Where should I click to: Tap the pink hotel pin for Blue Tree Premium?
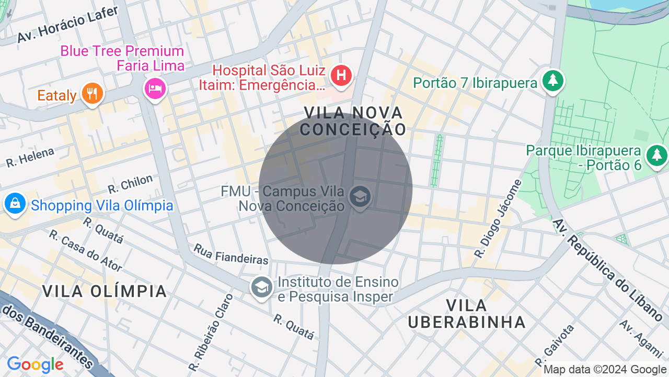(155, 87)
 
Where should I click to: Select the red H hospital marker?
(341, 75)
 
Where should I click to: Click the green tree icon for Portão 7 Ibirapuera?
(552, 81)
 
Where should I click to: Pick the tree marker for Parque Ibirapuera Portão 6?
(656, 156)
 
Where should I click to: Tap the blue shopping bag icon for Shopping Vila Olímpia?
(15, 204)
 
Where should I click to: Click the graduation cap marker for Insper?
(261, 287)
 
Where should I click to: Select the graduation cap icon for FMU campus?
(360, 197)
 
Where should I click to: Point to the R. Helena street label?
(30, 158)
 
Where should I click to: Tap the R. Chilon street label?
(130, 184)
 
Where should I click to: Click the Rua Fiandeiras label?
(231, 254)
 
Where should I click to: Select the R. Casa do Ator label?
(86, 251)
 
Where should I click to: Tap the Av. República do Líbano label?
(607, 270)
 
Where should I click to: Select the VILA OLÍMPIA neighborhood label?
(105, 291)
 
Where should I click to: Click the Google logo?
(35, 364)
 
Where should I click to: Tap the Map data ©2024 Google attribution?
(605, 370)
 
